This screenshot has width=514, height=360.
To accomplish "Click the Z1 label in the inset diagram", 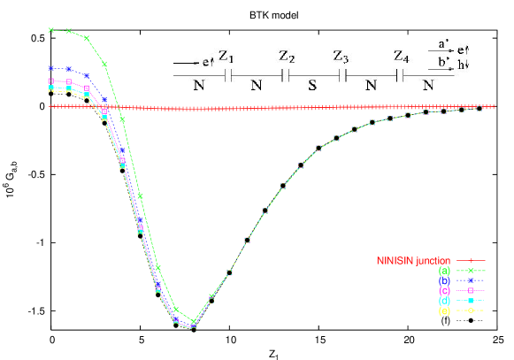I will (x=226, y=57).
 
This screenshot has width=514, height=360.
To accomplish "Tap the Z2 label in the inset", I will (x=287, y=57).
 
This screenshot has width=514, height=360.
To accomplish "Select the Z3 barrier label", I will (x=341, y=57).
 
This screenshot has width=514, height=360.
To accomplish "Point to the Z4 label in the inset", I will (x=402, y=57).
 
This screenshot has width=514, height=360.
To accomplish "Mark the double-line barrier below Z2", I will (x=285, y=76).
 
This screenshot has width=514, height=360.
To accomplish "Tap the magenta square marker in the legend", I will (x=472, y=290).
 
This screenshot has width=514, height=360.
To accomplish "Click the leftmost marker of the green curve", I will (x=51, y=30).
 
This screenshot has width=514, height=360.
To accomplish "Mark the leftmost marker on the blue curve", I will (x=51, y=67).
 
